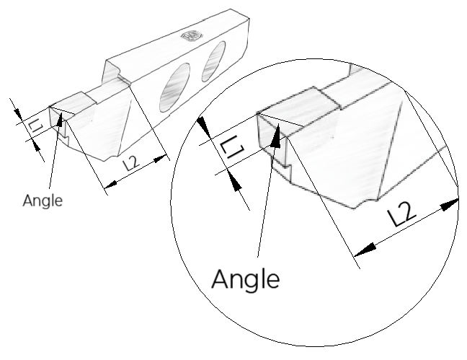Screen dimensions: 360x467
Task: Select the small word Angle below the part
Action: (43, 201)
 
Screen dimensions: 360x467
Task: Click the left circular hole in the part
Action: (173, 91)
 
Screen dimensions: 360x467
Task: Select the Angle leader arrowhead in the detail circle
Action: (275, 137)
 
